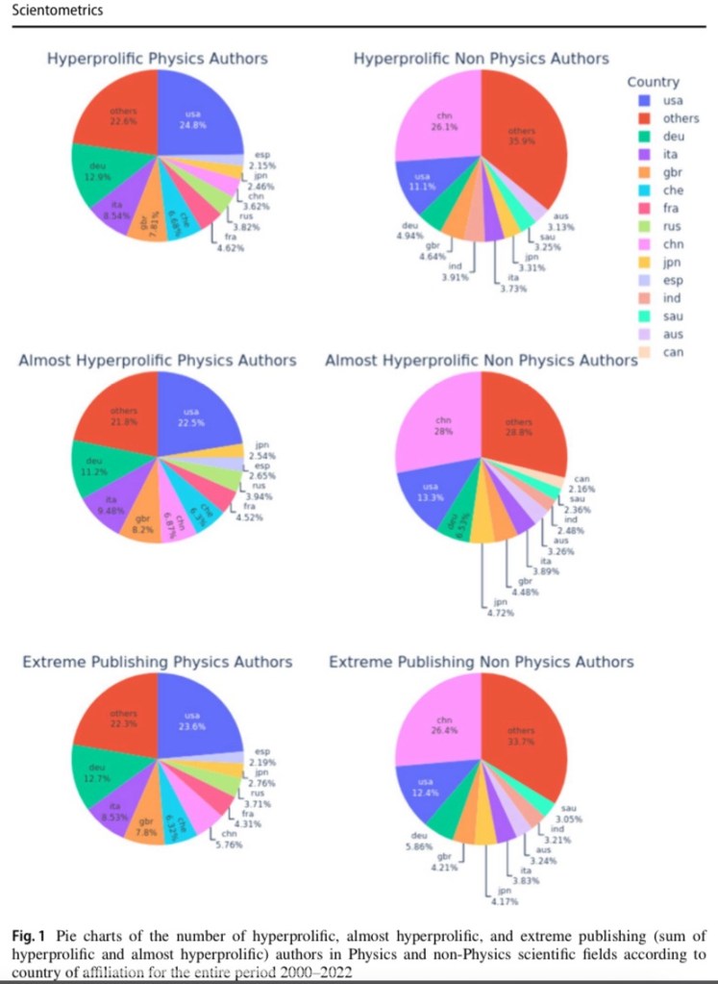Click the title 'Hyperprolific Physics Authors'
pos(158,60)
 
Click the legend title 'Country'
pos(653,83)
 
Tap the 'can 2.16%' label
pos(582,483)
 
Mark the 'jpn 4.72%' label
pos(498,608)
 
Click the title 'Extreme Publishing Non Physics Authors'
pos(481,663)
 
